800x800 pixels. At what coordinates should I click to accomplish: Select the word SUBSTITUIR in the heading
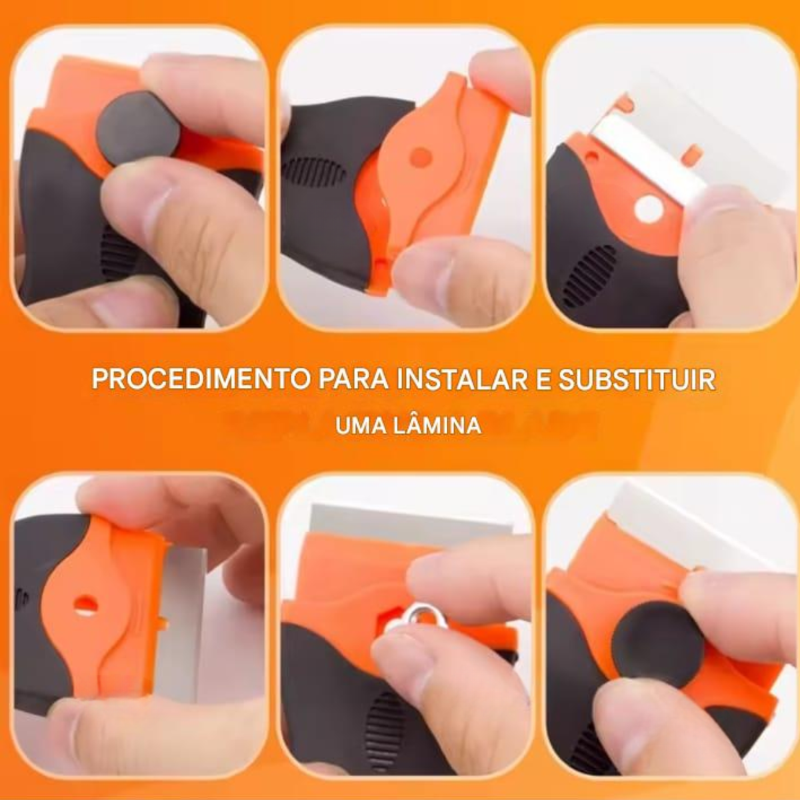(637, 379)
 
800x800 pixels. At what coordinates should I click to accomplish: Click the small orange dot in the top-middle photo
(421, 157)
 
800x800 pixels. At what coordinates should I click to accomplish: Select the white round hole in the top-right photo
(649, 207)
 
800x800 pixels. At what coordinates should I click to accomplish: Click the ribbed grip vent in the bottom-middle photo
(384, 731)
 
